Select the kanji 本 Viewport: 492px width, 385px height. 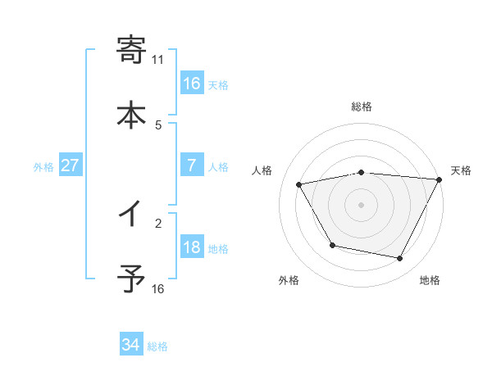click(132, 114)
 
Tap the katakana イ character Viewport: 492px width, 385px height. click(132, 215)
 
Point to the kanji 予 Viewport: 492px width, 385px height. click(132, 279)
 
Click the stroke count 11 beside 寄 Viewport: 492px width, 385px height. click(158, 59)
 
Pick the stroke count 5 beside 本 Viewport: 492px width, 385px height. click(158, 125)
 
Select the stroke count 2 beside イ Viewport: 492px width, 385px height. click(158, 222)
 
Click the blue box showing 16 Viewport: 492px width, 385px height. click(192, 83)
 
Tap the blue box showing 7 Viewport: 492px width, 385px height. click(192, 165)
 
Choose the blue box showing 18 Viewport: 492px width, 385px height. click(192, 248)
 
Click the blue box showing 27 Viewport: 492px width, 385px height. click(71, 165)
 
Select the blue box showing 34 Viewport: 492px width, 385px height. click(131, 346)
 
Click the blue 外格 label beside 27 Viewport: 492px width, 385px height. click(43, 166)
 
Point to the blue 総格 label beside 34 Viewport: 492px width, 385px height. click(157, 346)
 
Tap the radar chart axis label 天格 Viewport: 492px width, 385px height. click(461, 170)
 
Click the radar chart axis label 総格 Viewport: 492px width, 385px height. click(362, 106)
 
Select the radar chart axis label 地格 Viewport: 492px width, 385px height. click(430, 280)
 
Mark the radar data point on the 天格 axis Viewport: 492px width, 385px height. click(440, 180)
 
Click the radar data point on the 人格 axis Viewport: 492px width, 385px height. click(299, 185)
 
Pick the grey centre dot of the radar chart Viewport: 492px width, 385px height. click(362, 205)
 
